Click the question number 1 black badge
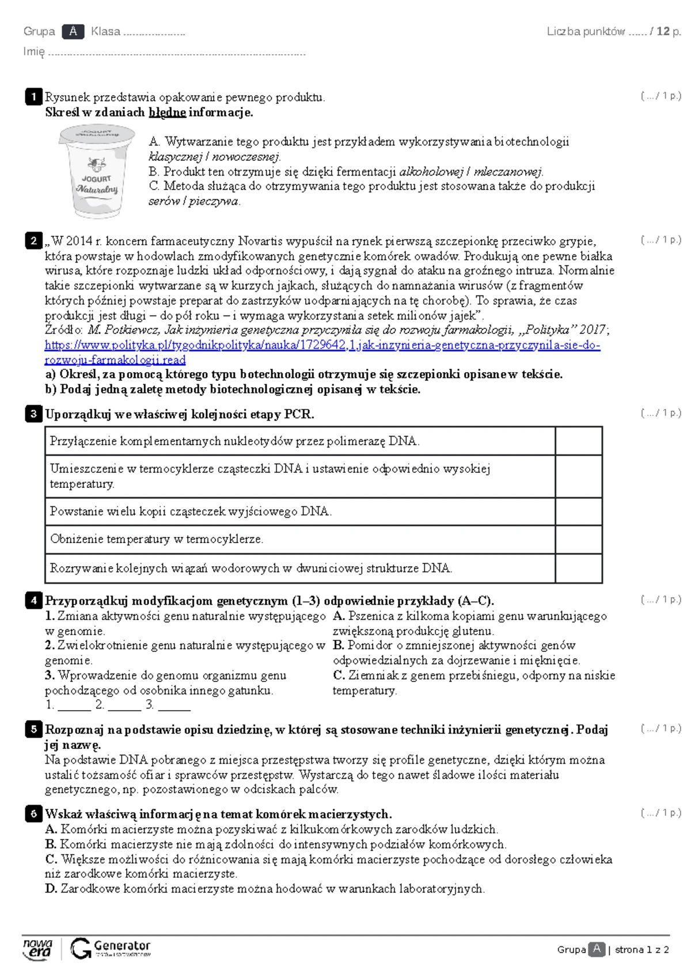coord(33,97)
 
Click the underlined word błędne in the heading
coord(167,112)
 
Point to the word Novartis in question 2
coord(260,241)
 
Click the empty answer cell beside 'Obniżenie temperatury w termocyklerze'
coord(578,539)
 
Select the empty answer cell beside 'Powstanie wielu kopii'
coord(578,511)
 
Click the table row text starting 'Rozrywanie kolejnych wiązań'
coord(250,568)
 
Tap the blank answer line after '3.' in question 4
coord(174,705)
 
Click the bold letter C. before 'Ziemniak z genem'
coord(339,676)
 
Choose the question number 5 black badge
coord(33,730)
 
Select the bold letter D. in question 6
coord(51,889)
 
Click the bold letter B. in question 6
coord(51,844)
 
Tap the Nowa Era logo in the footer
coord(38,949)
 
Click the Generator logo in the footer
coord(111,949)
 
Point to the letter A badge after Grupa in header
coord(73,32)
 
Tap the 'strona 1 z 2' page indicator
coord(641,950)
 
